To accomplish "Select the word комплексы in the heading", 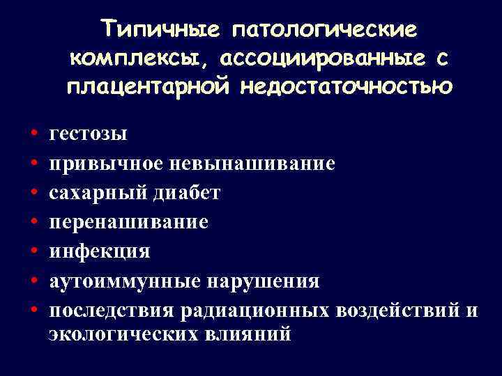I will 133,59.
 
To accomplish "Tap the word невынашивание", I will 254,163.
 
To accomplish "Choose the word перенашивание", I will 128,222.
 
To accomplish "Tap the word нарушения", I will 261,281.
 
